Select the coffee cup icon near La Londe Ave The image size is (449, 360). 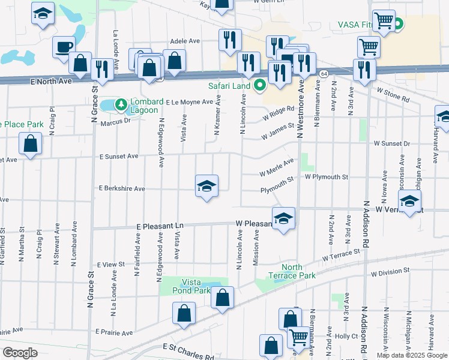pos(64,47)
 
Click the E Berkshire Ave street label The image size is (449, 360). pos(122,188)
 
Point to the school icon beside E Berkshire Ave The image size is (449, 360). pos(206,186)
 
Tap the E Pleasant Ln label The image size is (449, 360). pos(159,226)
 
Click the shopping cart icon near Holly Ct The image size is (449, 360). pos(298,337)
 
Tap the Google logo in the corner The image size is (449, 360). pos(20,352)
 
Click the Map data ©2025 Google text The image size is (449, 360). pos(412,355)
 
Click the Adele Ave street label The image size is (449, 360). pos(185,41)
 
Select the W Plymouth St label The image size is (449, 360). pos(327,177)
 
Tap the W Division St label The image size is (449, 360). pos(389,274)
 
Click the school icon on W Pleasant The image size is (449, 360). pos(283,218)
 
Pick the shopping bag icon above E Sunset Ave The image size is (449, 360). pos(30,144)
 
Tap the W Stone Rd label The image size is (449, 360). pos(393,93)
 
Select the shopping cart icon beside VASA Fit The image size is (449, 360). pos(384,20)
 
